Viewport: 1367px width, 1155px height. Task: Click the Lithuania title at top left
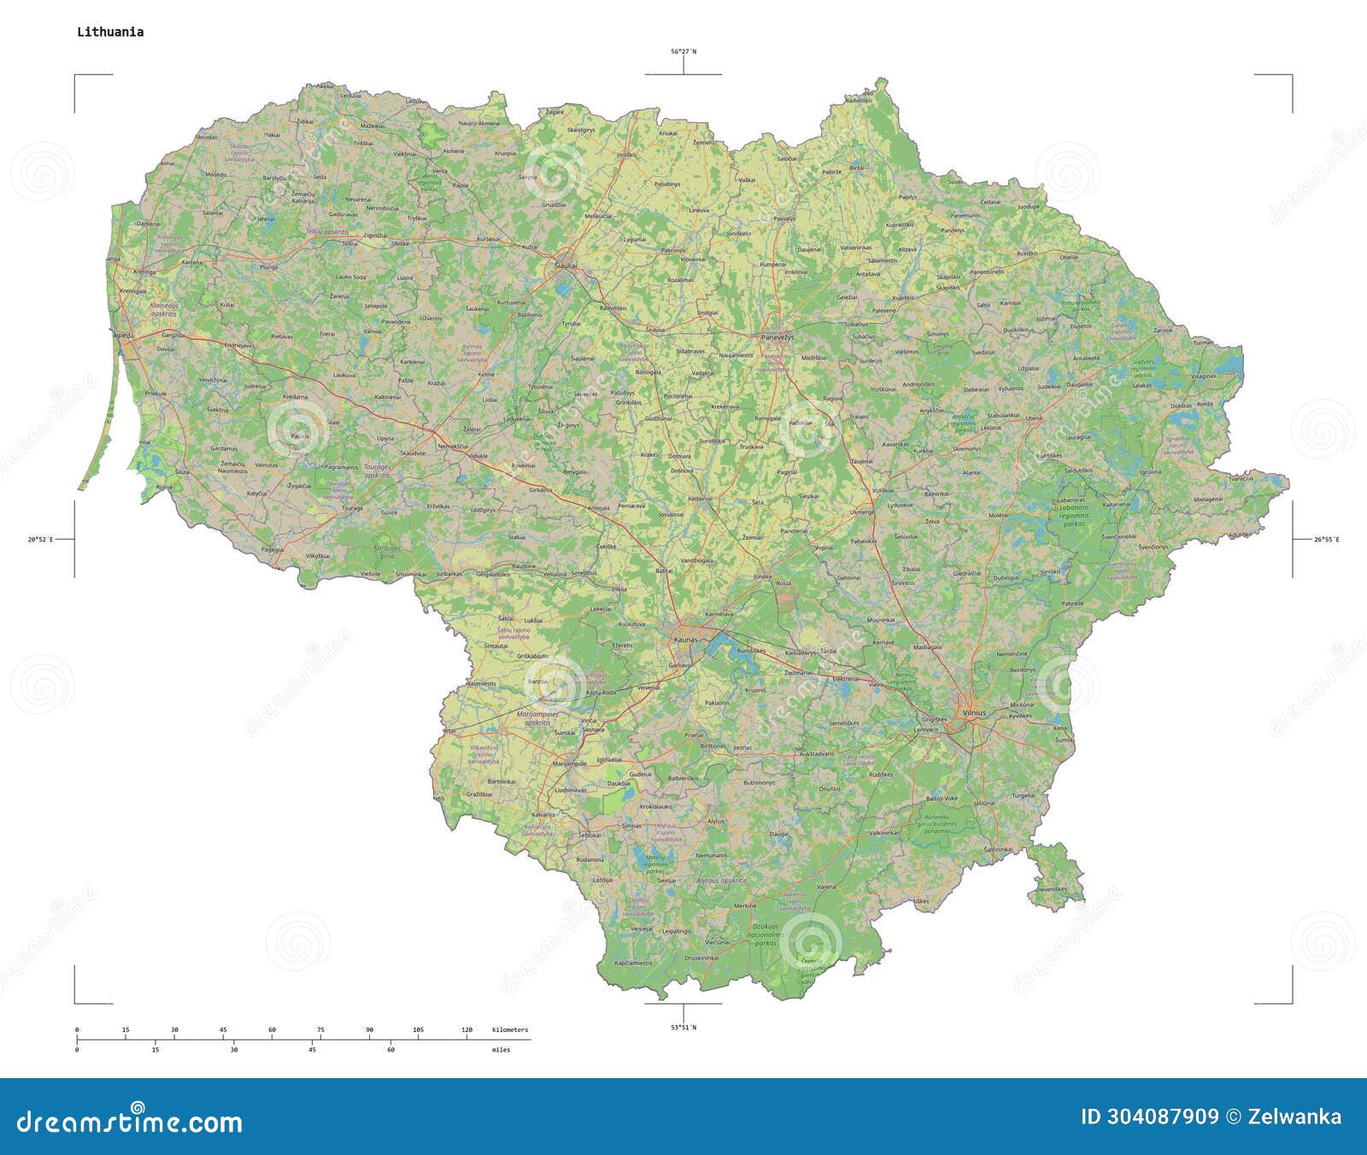coord(110,32)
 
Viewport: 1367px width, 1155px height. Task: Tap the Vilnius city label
coord(973,712)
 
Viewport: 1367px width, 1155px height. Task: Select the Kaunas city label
coord(685,639)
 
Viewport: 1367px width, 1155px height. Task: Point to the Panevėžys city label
coord(777,337)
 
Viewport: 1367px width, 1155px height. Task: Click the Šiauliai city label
coord(566,267)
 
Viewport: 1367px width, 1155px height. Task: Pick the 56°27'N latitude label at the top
coord(683,52)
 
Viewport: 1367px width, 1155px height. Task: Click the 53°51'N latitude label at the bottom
coord(683,1028)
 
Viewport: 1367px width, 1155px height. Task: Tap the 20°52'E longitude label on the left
coord(40,539)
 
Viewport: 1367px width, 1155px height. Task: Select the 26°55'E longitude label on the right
coord(1327,539)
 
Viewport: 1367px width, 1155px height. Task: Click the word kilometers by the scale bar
coord(510,1030)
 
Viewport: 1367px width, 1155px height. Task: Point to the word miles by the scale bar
coord(501,1050)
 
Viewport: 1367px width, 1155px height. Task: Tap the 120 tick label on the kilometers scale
coord(466,1030)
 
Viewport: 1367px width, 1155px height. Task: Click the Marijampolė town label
coord(570,764)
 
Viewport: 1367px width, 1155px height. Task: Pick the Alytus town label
coord(715,821)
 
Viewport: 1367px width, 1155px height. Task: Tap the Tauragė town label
coord(352,508)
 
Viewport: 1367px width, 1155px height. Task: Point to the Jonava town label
coord(762,577)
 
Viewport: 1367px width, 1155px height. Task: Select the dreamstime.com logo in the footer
coord(130,1121)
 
